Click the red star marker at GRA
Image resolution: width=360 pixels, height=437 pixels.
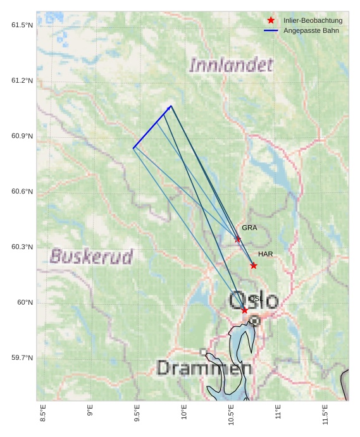[238, 239]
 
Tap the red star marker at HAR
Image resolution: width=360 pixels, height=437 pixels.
[254, 266]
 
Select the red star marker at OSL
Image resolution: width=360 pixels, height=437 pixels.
[245, 310]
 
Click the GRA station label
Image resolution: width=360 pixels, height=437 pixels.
[249, 228]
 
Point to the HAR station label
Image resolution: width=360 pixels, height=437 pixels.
[265, 254]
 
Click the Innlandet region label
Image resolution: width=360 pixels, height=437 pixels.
[231, 65]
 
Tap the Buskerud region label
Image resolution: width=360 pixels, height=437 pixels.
[92, 256]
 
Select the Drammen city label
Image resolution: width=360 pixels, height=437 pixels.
[204, 368]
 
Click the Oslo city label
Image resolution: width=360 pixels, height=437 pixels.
[254, 300]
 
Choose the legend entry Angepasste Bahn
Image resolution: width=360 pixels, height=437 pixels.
[311, 30]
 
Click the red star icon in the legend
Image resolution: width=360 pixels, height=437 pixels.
[271, 20]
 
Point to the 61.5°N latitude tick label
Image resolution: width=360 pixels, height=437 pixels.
[22, 25]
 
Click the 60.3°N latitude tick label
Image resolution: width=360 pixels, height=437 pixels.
[22, 247]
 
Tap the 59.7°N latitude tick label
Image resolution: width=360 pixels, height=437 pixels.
[22, 358]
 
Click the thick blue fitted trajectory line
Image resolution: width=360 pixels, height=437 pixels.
[152, 127]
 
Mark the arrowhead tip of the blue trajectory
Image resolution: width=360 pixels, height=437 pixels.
[171, 106]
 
